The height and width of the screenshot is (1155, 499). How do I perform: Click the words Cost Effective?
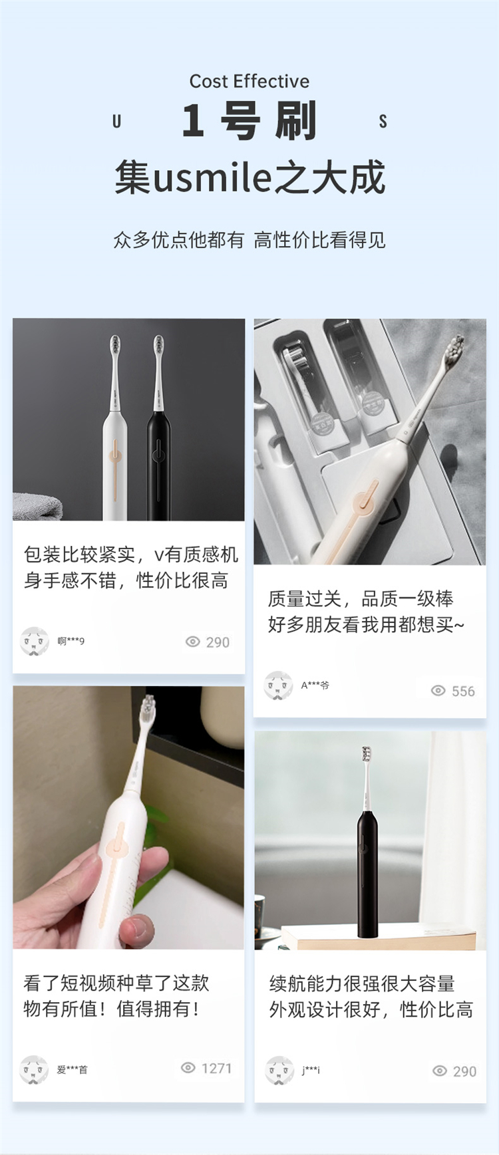pyautogui.click(x=249, y=81)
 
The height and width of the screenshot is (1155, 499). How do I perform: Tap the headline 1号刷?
pyautogui.click(x=249, y=121)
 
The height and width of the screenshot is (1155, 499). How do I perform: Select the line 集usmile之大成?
pyautogui.click(x=249, y=178)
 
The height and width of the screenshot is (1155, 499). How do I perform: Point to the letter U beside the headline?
pyautogui.click(x=117, y=121)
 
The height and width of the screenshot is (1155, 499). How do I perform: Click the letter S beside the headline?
pyautogui.click(x=383, y=121)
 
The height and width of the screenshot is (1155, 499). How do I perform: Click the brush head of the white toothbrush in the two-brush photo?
pyautogui.click(x=115, y=346)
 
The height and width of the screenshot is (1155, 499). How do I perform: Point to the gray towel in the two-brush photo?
pyautogui.click(x=37, y=507)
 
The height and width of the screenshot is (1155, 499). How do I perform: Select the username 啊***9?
pyautogui.click(x=71, y=641)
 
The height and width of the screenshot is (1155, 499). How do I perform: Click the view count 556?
pyautogui.click(x=463, y=691)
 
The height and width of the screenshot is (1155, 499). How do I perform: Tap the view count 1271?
pyautogui.click(x=216, y=1068)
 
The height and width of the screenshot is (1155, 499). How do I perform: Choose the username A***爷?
pyautogui.click(x=315, y=685)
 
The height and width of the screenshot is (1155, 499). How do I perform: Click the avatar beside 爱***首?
pyautogui.click(x=34, y=1069)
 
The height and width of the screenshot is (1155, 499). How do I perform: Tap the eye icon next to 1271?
pyautogui.click(x=188, y=1068)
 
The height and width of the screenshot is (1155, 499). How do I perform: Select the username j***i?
pyautogui.click(x=311, y=1070)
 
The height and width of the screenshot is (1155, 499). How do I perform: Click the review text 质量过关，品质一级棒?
pyautogui.click(x=361, y=598)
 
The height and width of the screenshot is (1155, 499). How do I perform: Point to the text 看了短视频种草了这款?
pyautogui.click(x=116, y=983)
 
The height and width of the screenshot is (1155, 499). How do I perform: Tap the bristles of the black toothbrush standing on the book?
pyautogui.click(x=366, y=754)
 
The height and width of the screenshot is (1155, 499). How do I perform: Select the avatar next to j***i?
pyautogui.click(x=279, y=1070)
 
